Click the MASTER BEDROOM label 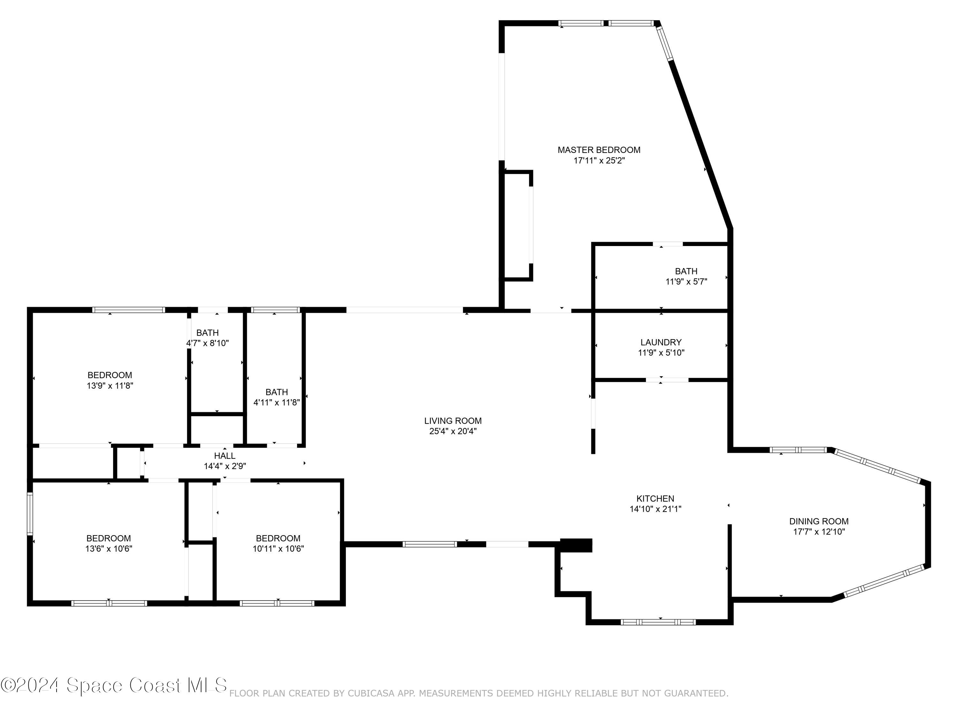(x=599, y=150)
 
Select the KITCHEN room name (x=655, y=498)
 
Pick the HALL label (x=225, y=456)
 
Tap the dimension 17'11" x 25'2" (x=599, y=161)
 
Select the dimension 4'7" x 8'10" (x=208, y=343)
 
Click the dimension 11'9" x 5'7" (x=687, y=282)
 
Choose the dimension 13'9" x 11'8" (x=110, y=385)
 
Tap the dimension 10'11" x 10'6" (x=278, y=549)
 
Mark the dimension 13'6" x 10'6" (x=109, y=549)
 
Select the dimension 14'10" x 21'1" (x=656, y=509)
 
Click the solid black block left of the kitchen (x=576, y=545)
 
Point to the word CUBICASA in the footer (x=371, y=693)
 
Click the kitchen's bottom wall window (x=658, y=622)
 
